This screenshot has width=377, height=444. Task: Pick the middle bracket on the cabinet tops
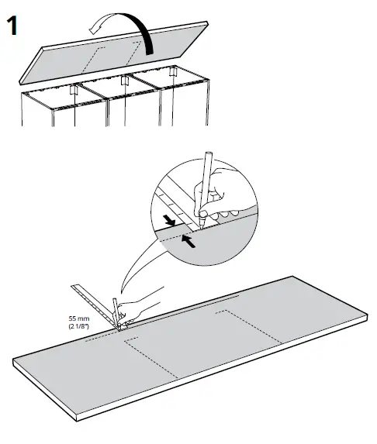(x=123, y=81)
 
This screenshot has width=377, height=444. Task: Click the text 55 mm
(x=79, y=318)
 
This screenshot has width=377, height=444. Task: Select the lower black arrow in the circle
(x=188, y=241)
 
